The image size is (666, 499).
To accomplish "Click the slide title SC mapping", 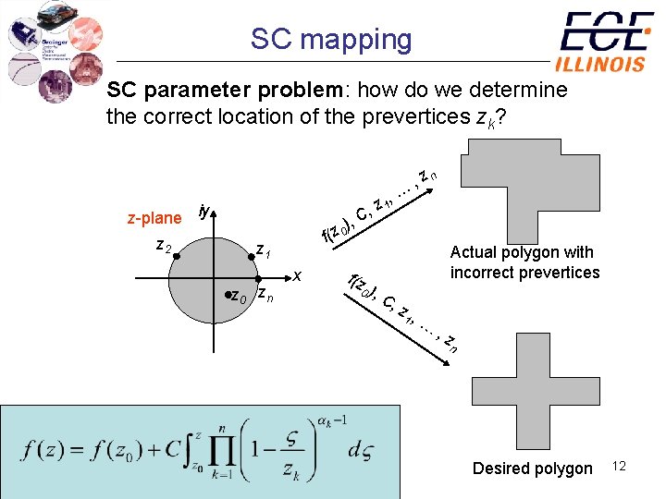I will (x=331, y=39).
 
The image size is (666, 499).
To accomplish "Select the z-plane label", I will (x=154, y=218).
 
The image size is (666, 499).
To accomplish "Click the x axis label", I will (x=297, y=274).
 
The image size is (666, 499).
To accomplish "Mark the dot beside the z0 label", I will (x=228, y=295).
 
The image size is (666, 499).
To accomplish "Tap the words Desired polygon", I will (x=532, y=469).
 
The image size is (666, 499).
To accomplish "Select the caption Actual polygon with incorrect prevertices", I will (x=524, y=262).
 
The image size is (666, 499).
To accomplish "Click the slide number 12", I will (x=619, y=467).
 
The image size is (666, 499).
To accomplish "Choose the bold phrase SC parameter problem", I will (x=226, y=91).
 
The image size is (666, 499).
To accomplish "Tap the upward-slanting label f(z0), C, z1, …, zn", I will (x=380, y=203).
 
